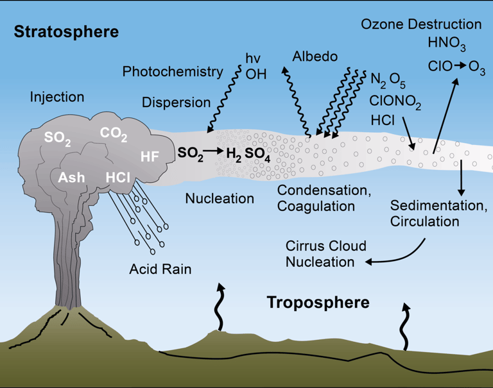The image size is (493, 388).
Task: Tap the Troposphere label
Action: click(318, 302)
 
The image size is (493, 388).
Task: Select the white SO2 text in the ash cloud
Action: click(58, 138)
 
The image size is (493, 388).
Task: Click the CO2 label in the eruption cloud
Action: click(114, 134)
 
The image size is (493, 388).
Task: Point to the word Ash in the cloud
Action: click(71, 177)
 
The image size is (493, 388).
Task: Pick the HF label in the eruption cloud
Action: click(150, 156)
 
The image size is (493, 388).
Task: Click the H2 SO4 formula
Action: click(248, 155)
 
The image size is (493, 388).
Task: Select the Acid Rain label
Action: click(160, 269)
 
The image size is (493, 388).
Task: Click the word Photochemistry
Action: click(172, 72)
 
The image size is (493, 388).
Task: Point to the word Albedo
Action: click(315, 57)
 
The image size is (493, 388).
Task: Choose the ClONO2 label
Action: click(395, 101)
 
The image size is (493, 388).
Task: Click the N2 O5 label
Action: click(387, 80)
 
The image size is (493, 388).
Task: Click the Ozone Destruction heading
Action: click(421, 25)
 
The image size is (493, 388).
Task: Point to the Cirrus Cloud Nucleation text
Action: click(326, 254)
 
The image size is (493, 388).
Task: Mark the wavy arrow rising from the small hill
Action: click(221, 307)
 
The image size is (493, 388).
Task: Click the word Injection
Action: click(57, 97)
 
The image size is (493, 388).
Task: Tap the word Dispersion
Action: click(176, 103)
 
